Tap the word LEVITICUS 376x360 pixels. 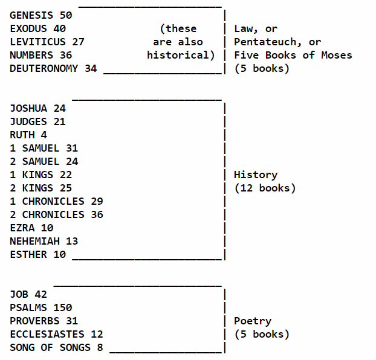37,42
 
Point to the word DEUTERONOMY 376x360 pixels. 44,68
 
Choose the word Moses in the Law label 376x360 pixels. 336,55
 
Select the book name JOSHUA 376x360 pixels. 28,108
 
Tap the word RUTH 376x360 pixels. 22,135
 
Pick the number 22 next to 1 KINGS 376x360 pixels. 65,175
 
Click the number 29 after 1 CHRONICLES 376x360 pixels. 97,201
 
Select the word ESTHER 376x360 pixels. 28,254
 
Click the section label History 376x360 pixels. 256,175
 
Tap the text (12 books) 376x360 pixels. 265,188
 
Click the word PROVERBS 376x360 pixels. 34,321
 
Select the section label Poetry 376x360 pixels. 253,321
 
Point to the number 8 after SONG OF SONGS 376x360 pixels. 100,347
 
